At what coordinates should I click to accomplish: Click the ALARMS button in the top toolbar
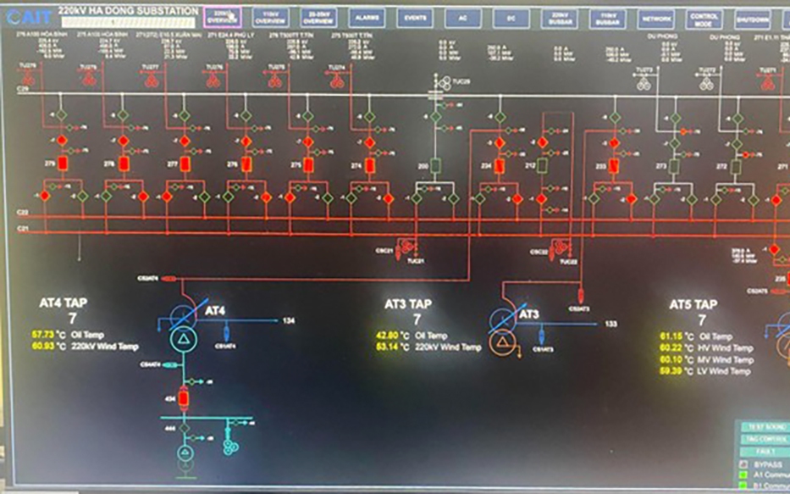(x=367, y=18)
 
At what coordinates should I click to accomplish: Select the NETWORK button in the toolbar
(x=656, y=18)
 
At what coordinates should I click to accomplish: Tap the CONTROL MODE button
(x=704, y=18)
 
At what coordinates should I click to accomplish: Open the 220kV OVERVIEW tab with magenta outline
(x=223, y=18)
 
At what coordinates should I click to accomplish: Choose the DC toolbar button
(x=511, y=18)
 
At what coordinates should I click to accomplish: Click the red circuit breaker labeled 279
(x=62, y=164)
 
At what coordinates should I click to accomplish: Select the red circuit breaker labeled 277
(x=185, y=164)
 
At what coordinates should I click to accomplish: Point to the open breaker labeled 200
(x=436, y=165)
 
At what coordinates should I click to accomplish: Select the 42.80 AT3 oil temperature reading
(x=388, y=336)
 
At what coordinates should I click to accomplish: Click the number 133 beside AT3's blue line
(x=610, y=324)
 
